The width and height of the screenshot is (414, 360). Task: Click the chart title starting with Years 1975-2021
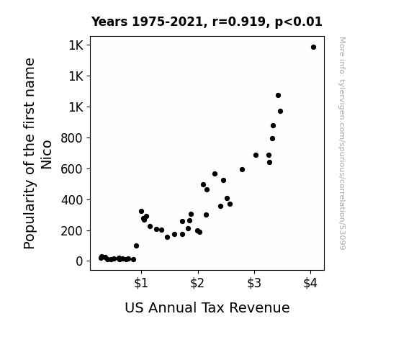pyautogui.click(x=207, y=22)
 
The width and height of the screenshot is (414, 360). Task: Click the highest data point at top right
pyautogui.click(x=313, y=48)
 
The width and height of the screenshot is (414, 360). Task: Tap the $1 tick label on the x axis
pyautogui.click(x=141, y=283)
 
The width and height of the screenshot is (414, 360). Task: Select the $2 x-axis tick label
pyautogui.click(x=197, y=283)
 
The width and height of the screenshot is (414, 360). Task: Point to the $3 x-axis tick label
pyautogui.click(x=254, y=283)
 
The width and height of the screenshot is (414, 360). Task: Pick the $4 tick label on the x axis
pyautogui.click(x=310, y=283)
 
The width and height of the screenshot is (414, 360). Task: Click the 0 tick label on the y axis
pyautogui.click(x=79, y=261)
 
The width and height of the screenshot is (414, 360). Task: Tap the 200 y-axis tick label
pyautogui.click(x=72, y=231)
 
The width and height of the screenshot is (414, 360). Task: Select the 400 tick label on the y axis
pyautogui.click(x=72, y=200)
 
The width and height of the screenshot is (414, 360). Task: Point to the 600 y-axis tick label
pyautogui.click(x=72, y=169)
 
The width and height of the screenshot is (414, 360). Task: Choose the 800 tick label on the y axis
pyautogui.click(x=72, y=138)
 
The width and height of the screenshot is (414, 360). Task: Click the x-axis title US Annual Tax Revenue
pyautogui.click(x=207, y=308)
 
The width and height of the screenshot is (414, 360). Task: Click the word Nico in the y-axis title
pyautogui.click(x=46, y=155)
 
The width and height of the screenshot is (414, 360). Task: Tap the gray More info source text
pyautogui.click(x=342, y=143)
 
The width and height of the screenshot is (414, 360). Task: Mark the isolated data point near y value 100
pyautogui.click(x=136, y=246)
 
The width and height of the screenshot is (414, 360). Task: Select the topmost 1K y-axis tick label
pyautogui.click(x=76, y=45)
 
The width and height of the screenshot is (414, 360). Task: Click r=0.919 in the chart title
pyautogui.click(x=239, y=22)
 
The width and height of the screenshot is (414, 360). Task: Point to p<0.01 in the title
pyautogui.click(x=299, y=22)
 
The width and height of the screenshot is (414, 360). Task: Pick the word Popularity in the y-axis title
pyautogui.click(x=29, y=215)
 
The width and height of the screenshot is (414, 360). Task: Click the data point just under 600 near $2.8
pyautogui.click(x=242, y=170)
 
